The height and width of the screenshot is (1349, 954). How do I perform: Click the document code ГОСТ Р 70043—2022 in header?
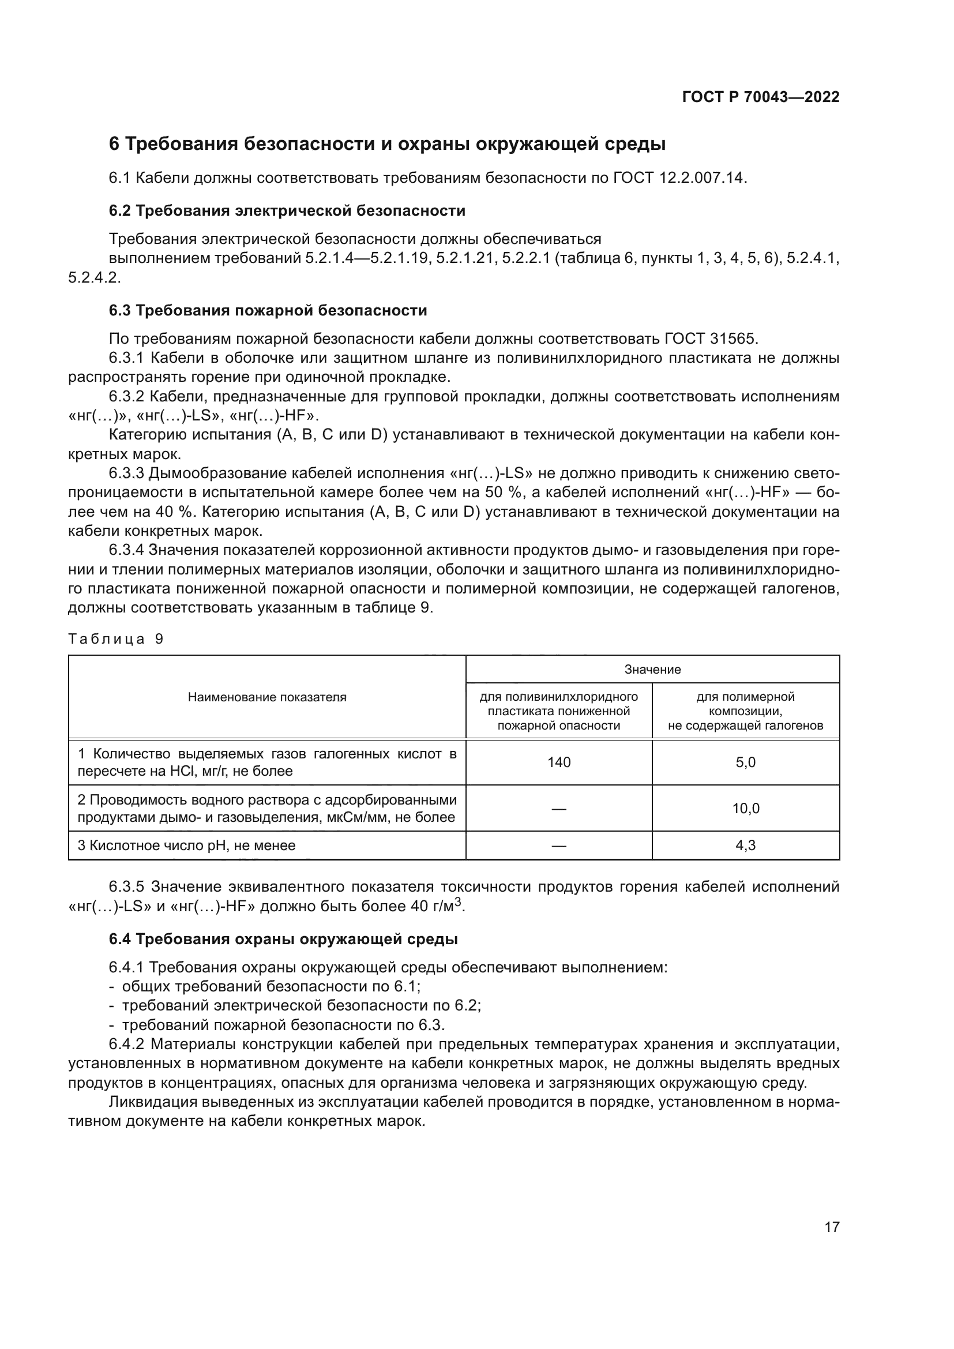(760, 97)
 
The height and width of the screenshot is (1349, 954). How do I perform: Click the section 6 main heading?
(387, 144)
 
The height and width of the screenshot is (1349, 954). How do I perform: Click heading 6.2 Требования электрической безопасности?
(287, 211)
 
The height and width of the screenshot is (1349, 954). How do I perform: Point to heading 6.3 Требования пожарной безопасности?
(268, 310)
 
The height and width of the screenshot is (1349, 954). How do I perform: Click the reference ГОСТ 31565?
(711, 339)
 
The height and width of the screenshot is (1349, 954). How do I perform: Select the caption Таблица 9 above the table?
(116, 639)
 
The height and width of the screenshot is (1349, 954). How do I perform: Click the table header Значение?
(652, 669)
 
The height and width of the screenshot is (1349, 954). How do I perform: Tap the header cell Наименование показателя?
(267, 697)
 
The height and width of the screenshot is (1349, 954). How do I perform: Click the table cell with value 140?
(559, 762)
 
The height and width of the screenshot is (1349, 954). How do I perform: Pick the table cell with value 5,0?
(745, 762)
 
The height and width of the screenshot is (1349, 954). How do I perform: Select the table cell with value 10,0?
(745, 809)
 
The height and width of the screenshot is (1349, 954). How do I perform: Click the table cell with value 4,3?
(745, 846)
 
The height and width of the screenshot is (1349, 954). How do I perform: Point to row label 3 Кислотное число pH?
(187, 846)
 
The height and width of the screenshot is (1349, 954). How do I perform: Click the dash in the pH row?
(559, 846)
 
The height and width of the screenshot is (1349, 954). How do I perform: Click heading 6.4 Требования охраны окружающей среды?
(283, 939)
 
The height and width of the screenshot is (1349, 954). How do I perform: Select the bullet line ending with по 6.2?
(301, 1005)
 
